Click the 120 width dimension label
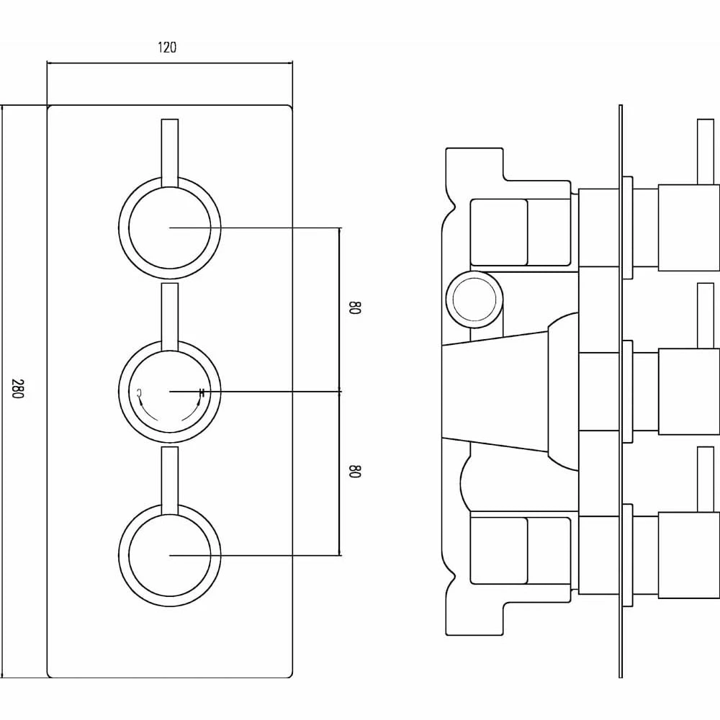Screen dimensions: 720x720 (167, 48)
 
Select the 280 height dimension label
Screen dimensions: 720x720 (17, 389)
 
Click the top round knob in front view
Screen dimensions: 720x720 (170, 228)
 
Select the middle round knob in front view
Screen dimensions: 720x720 (170, 392)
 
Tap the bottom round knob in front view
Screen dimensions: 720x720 (170, 555)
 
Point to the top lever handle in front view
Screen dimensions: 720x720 (170, 153)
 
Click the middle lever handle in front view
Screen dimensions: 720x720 (170, 317)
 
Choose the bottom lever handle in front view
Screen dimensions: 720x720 (170, 480)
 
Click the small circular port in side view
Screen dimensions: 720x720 (474, 300)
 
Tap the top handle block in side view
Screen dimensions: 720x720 (689, 228)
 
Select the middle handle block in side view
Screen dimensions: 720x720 (689, 392)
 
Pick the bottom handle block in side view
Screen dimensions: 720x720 (689, 555)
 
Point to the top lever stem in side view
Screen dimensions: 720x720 (706, 152)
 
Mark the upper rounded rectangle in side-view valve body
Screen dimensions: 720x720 (499, 233)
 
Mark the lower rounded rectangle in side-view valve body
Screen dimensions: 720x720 (499, 551)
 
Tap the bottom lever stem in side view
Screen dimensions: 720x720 (706, 480)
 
